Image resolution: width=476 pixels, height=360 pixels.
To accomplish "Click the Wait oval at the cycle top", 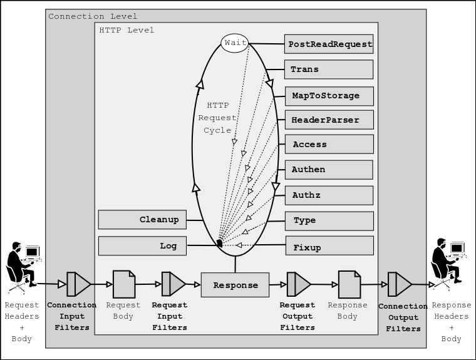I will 234,43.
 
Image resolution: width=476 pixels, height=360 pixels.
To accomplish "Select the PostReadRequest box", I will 329,44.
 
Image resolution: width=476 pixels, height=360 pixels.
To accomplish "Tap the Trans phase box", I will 329,69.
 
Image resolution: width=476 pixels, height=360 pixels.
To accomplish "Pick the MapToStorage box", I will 329,96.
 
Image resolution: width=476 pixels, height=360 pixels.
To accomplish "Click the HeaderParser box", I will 329,120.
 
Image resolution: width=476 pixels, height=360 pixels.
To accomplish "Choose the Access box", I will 329,145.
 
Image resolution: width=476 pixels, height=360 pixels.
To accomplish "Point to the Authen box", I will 329,170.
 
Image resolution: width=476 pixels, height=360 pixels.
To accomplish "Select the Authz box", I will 329,195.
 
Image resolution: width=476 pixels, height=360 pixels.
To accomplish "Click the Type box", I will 329,220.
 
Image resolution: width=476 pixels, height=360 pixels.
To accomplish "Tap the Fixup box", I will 329,247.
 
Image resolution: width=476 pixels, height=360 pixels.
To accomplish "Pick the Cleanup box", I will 142,220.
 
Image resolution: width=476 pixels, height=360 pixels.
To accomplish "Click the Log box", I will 142,246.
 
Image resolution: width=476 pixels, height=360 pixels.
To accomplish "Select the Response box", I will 235,285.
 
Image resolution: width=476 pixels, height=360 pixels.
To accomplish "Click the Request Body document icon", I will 123,284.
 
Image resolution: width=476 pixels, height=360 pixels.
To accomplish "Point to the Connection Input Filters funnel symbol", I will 78,284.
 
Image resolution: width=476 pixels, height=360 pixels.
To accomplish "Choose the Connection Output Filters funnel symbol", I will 399,284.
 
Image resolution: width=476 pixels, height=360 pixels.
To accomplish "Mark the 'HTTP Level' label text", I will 127,30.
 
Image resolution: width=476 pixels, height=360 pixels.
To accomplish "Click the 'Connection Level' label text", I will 93,16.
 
